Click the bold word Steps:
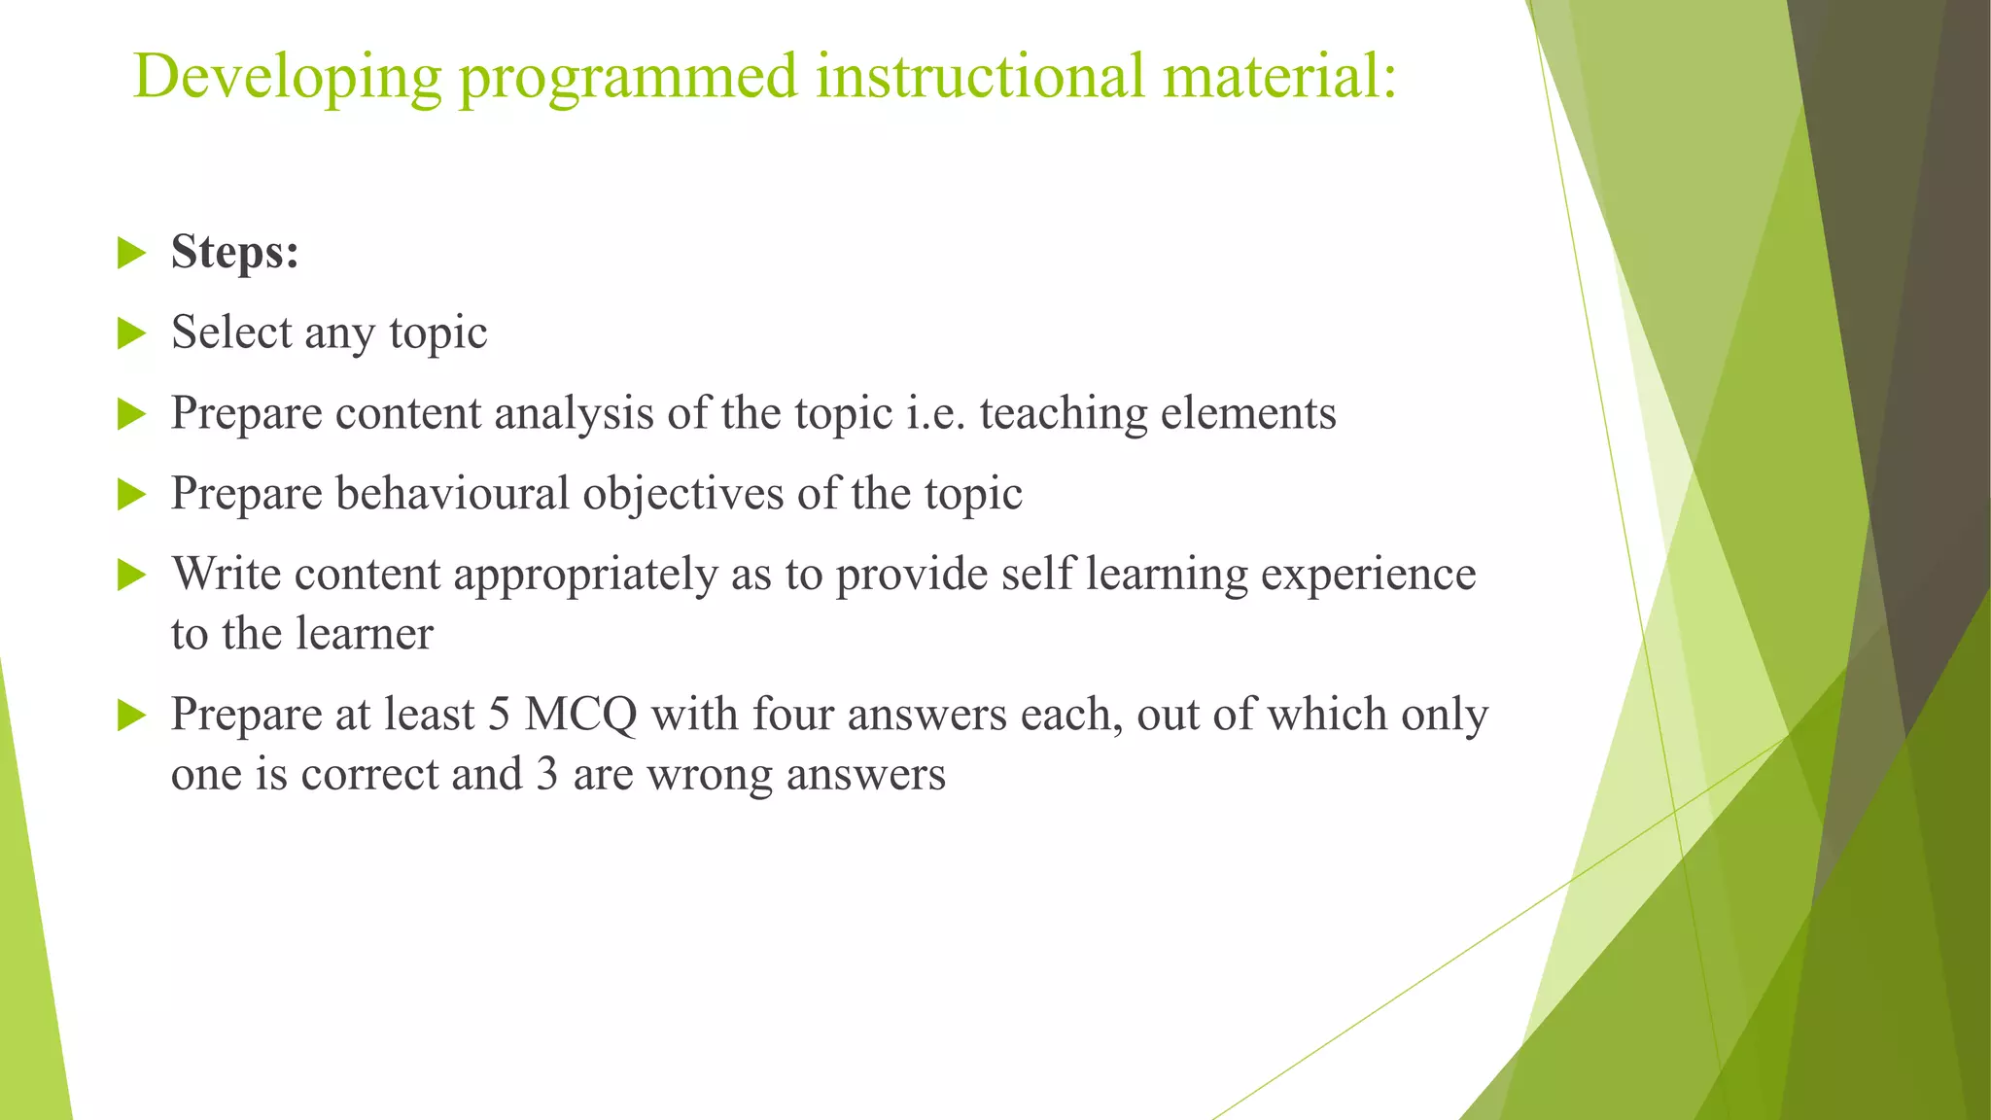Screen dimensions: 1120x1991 point(234,253)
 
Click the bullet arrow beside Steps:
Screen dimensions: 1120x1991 point(130,254)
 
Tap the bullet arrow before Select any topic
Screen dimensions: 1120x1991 point(130,333)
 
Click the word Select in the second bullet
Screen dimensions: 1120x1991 point(231,332)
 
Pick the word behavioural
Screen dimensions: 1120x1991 point(452,494)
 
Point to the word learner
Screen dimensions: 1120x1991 point(364,634)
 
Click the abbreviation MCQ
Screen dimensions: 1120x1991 point(580,716)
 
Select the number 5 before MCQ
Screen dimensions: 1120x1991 point(499,716)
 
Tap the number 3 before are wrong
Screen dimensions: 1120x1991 point(547,775)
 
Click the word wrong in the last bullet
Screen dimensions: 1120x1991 point(710,775)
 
